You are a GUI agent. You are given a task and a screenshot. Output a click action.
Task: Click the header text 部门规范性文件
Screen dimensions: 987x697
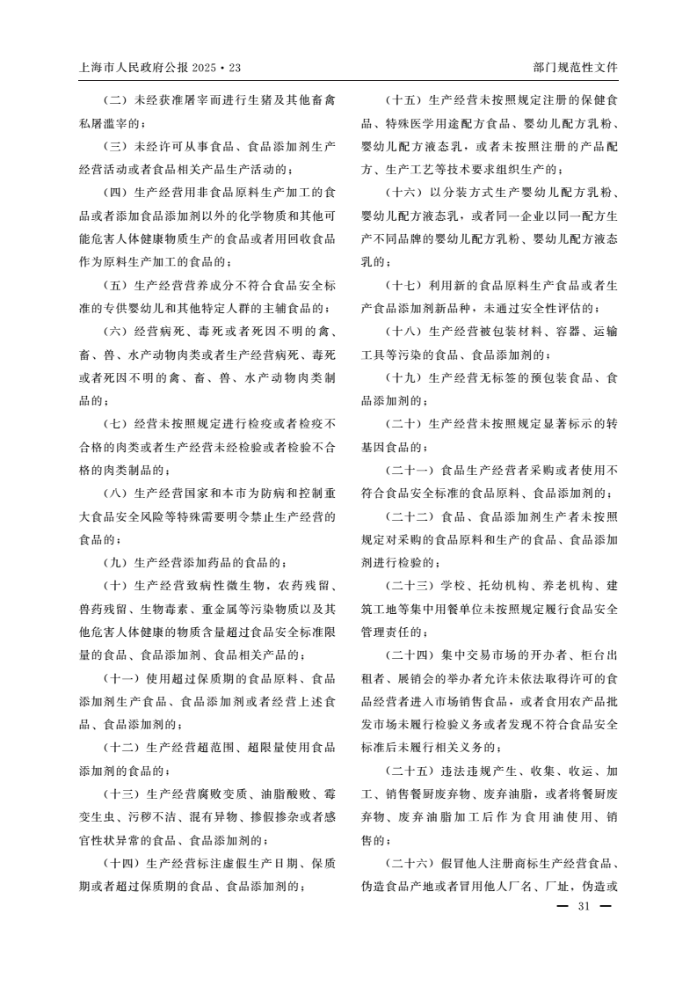tap(576, 68)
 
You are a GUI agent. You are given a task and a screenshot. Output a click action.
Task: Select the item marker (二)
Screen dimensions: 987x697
tap(114, 100)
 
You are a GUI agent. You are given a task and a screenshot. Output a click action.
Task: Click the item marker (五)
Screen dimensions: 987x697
tap(114, 285)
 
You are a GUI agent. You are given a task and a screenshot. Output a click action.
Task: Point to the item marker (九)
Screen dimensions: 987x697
tap(114, 562)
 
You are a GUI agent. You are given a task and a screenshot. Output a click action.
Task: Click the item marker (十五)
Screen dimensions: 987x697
tap(403, 100)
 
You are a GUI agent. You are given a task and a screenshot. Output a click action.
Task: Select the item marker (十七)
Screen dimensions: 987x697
tap(403, 285)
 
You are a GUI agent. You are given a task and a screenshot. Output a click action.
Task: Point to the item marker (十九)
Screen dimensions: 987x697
tap(403, 377)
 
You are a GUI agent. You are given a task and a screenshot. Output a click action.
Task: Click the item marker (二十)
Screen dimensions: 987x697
tap(403, 424)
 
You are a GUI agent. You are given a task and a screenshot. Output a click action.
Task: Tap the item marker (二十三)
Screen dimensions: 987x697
tap(409, 586)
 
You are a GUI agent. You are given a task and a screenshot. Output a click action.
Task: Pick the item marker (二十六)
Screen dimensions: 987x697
tap(409, 863)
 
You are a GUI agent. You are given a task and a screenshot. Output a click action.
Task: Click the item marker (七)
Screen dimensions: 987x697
tap(114, 424)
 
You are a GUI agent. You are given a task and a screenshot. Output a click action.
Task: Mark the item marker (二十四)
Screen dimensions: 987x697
tap(409, 655)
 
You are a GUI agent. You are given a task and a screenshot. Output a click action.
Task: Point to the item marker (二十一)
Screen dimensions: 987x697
tap(409, 470)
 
